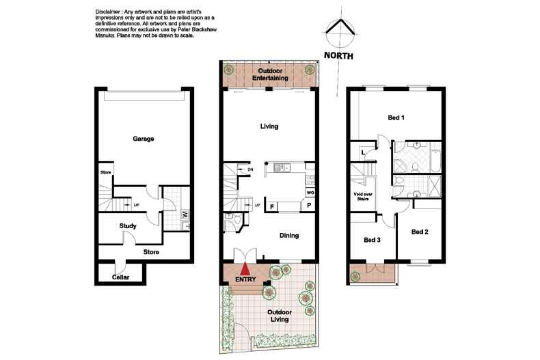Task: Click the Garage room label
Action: point(143,139)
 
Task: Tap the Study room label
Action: point(128,226)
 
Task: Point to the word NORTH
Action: point(338,56)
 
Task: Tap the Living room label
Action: point(269,126)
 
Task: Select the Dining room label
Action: point(289,236)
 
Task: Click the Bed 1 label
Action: point(396,117)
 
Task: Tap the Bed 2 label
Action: point(420,232)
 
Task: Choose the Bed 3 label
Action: point(372,240)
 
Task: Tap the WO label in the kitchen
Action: point(310,193)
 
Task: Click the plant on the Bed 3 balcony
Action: point(355,277)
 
